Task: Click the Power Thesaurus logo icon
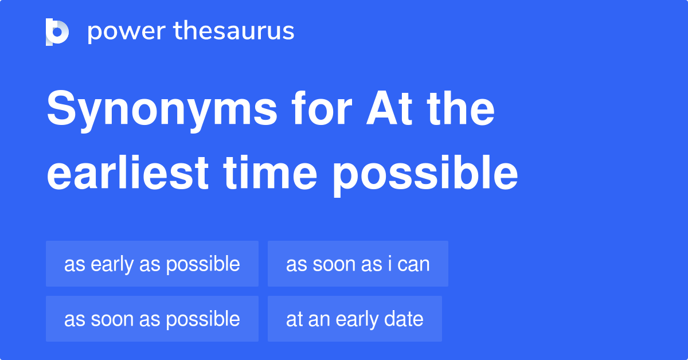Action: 57,32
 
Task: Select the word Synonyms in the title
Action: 162,110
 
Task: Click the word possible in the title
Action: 425,174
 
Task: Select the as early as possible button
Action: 152,264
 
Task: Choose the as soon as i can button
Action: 358,264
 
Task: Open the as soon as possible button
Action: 152,319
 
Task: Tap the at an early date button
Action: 354,319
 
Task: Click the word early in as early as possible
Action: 112,264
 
